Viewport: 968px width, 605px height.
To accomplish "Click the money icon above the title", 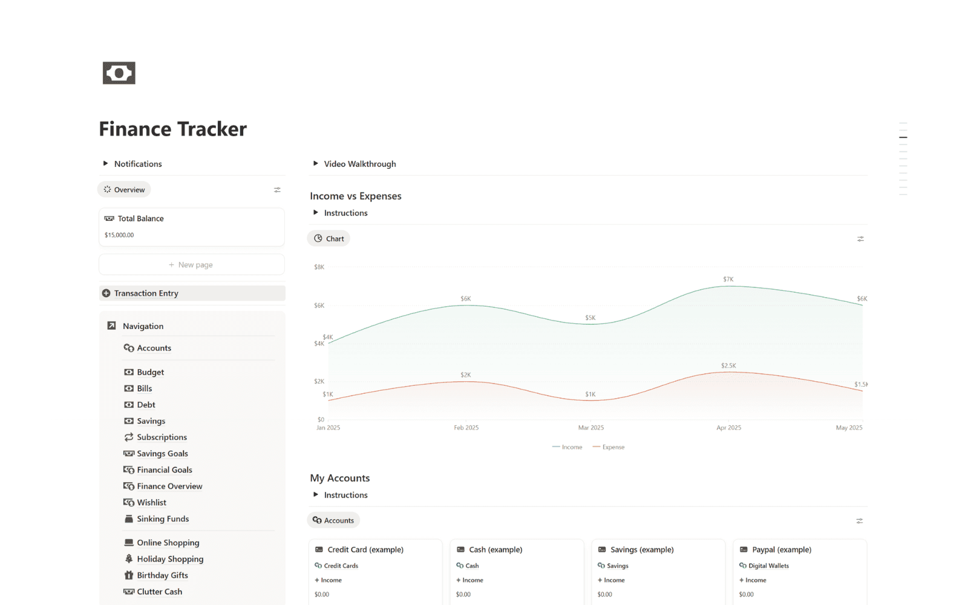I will (119, 73).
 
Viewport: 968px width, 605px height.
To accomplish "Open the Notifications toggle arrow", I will (105, 163).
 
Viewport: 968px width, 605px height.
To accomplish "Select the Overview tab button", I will (124, 189).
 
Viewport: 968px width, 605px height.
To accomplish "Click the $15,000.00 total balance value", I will (119, 235).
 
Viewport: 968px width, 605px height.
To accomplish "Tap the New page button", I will (191, 264).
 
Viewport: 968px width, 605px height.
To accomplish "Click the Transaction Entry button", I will (146, 293).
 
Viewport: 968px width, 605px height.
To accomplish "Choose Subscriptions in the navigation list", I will (162, 437).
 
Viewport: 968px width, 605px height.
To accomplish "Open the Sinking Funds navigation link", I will (163, 518).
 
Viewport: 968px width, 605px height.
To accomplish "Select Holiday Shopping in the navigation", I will (170, 559).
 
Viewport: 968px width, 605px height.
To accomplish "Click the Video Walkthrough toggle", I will (360, 164).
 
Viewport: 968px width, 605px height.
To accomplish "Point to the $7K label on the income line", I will (728, 279).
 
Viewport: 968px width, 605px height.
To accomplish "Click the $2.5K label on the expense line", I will (728, 365).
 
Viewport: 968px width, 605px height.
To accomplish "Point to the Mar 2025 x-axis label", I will (590, 428).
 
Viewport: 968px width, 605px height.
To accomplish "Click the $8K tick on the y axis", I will (319, 267).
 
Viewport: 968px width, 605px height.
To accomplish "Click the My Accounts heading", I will (339, 478).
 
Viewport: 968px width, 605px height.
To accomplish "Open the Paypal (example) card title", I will (781, 549).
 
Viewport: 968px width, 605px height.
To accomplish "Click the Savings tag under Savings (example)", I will (617, 566).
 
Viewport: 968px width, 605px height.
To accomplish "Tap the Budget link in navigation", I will (150, 372).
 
